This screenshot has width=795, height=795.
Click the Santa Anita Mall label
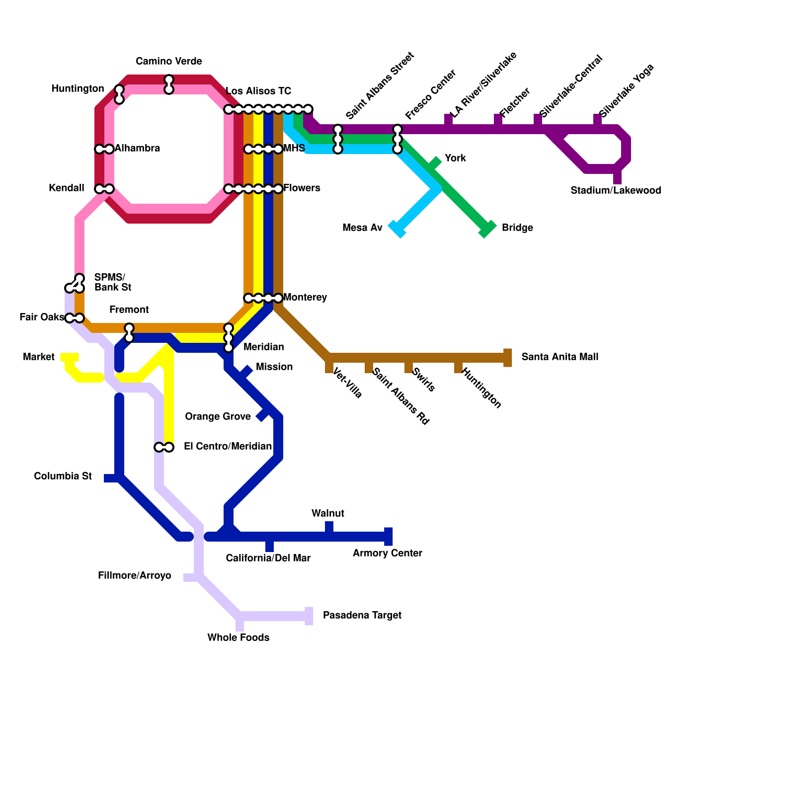click(x=559, y=357)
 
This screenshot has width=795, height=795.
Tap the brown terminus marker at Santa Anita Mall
click(x=507, y=358)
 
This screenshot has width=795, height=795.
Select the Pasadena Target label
click(x=362, y=615)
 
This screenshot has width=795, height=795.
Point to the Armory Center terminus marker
click(x=389, y=537)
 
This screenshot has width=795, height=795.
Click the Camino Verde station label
click(x=169, y=62)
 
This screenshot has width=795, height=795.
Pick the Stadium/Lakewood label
click(x=616, y=190)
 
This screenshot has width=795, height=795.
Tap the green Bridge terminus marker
click(x=487, y=229)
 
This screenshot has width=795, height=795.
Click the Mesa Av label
click(x=362, y=228)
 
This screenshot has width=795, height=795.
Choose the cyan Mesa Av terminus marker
click(x=397, y=229)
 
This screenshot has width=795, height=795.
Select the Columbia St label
click(x=63, y=477)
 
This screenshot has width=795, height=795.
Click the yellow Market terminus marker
click(x=70, y=357)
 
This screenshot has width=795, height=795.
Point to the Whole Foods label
click(x=238, y=637)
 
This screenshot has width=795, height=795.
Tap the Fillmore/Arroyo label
click(x=134, y=576)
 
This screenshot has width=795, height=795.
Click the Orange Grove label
click(x=218, y=416)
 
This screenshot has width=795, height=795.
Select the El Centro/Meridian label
click(x=228, y=446)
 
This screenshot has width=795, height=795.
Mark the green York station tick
click(x=435, y=163)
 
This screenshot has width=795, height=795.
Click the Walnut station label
click(x=328, y=513)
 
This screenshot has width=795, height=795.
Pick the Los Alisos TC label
click(x=258, y=91)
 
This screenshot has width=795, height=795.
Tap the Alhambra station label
click(x=137, y=148)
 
